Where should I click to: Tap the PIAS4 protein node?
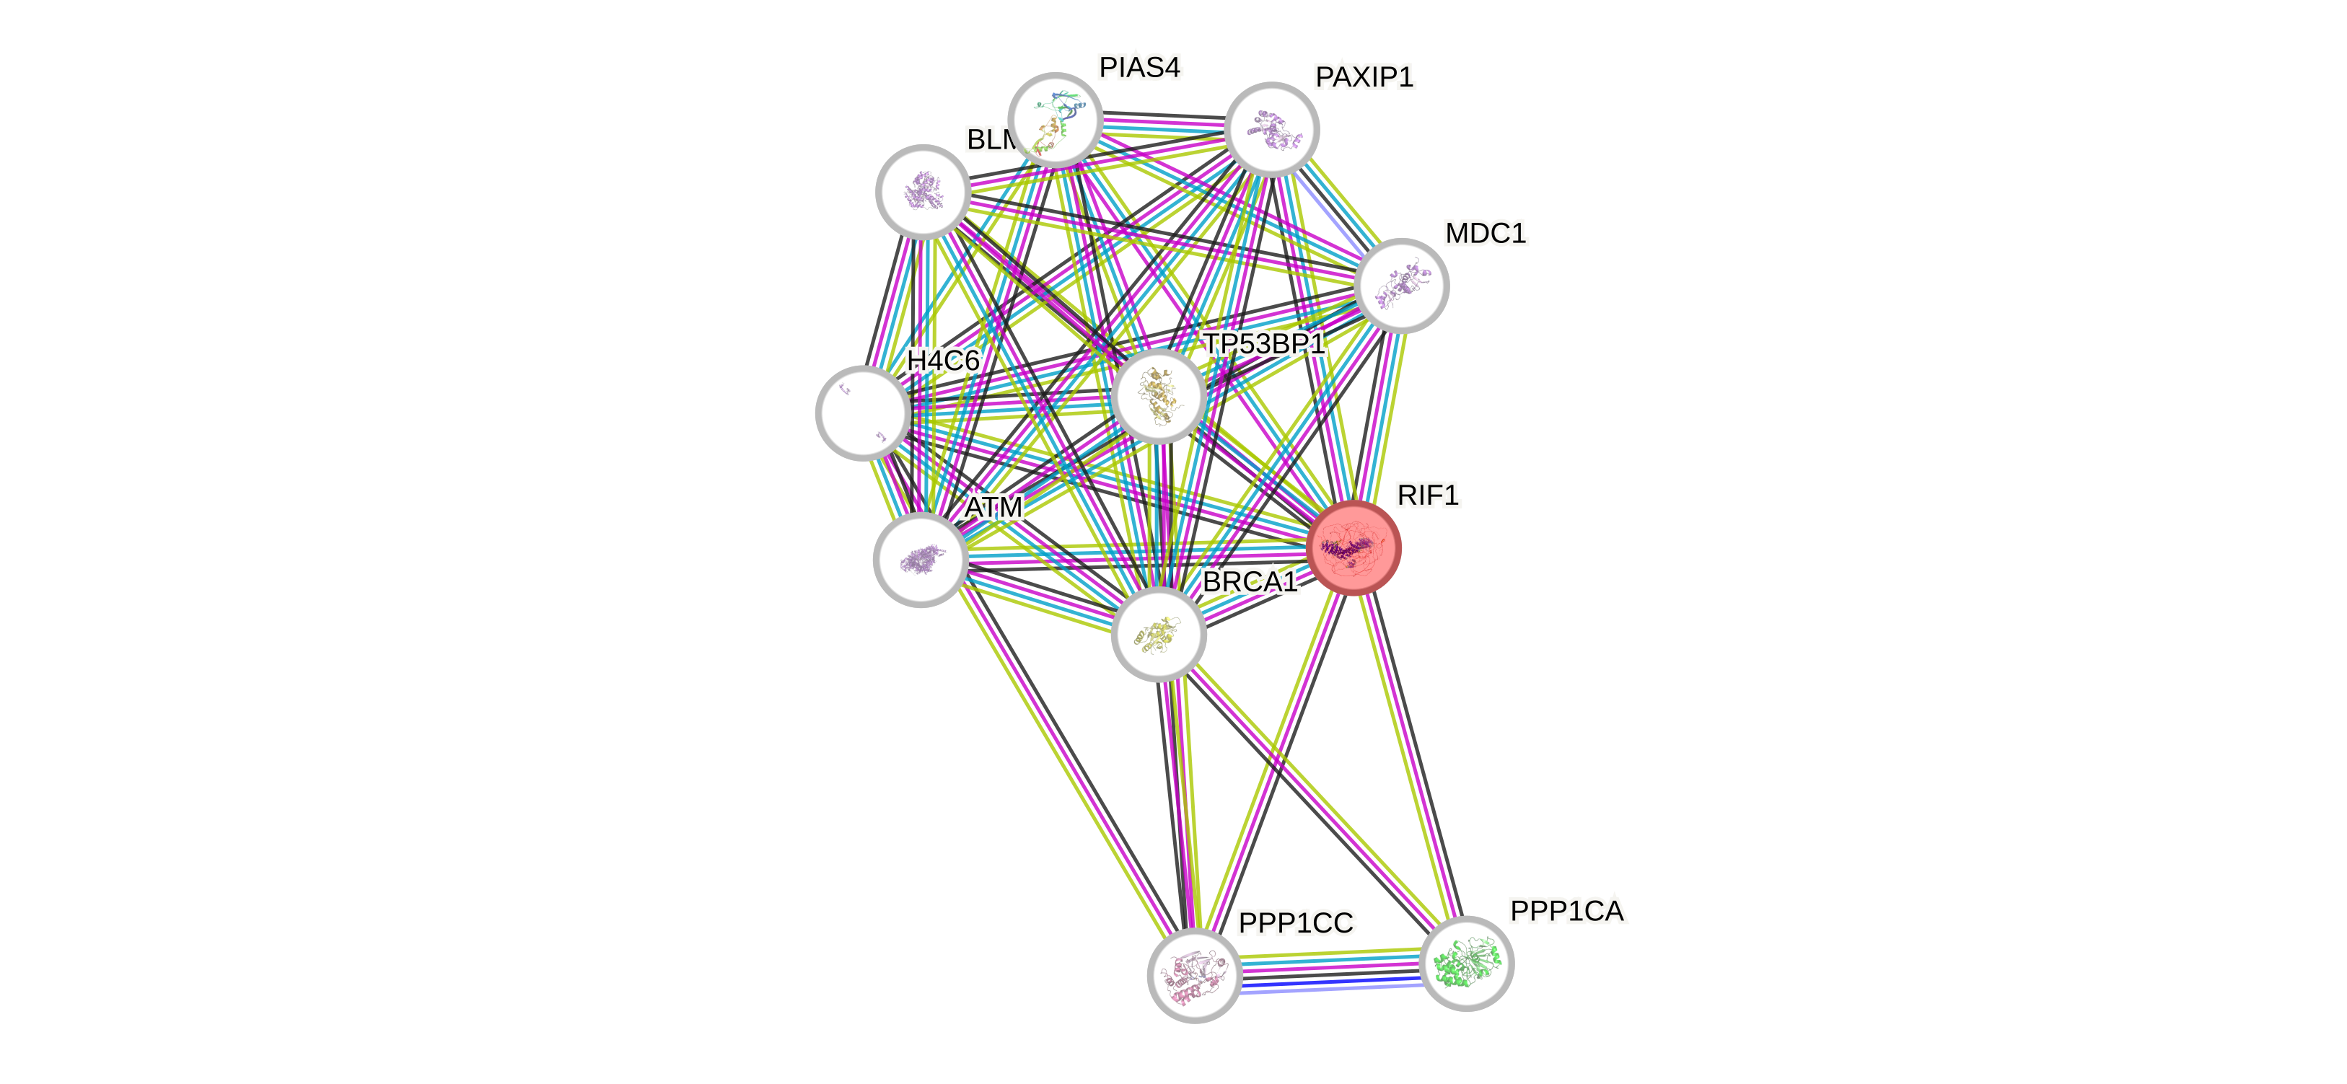click(1055, 119)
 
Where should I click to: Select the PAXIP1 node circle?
click(1271, 128)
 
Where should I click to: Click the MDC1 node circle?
click(1400, 285)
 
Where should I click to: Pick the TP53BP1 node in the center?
click(1158, 395)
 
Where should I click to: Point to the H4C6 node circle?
click(862, 413)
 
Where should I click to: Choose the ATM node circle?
click(920, 559)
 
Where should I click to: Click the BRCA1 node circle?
click(1158, 634)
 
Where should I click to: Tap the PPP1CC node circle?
click(1193, 976)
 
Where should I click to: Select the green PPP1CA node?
click(1466, 963)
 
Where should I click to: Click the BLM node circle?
click(922, 191)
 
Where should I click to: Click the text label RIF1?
click(1428, 495)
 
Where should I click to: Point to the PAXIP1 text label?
click(1364, 77)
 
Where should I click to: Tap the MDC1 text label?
click(1485, 233)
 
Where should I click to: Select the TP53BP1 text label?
click(1264, 343)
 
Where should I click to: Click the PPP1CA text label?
click(1567, 911)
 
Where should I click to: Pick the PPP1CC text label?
click(1296, 922)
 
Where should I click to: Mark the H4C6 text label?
click(943, 361)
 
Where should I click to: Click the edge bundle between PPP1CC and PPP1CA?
click(1330, 970)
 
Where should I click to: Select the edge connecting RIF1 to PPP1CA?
click(1410, 755)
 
